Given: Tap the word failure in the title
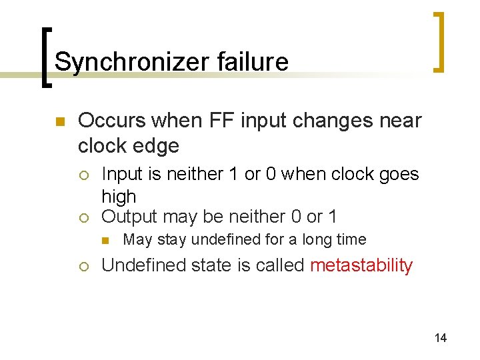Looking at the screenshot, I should click(x=252, y=62).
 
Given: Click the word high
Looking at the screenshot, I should click(x=119, y=197).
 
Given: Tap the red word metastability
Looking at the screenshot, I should click(x=361, y=265).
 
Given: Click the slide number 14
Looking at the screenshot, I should click(x=441, y=338).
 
